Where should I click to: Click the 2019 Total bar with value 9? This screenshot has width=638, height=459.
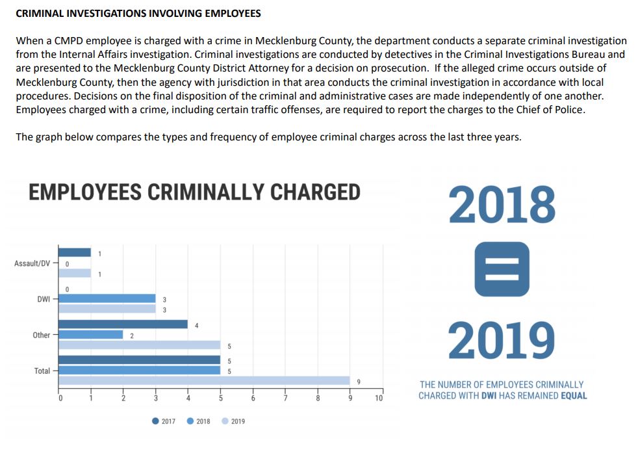[x=204, y=381]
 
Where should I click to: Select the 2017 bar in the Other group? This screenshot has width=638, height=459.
[x=123, y=324]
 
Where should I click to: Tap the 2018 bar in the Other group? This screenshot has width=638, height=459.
[x=90, y=335]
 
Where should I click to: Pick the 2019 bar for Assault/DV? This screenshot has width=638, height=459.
[x=75, y=273]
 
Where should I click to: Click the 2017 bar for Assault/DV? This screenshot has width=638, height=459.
[x=75, y=252]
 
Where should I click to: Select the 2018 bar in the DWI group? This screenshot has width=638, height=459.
[x=107, y=298]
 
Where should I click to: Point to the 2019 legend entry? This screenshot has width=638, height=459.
[x=233, y=421]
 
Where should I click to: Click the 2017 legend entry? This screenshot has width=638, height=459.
[x=164, y=421]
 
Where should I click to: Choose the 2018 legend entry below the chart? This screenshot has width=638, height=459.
[x=199, y=421]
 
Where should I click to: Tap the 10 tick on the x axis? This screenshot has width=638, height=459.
[x=379, y=399]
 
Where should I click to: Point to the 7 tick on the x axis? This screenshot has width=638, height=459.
[x=285, y=399]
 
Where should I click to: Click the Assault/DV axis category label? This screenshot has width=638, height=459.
[x=31, y=263]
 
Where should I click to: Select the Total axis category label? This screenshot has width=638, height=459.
[x=42, y=371]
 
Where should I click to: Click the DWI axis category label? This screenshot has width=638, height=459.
[x=44, y=299]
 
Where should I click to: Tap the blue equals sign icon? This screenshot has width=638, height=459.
[x=502, y=269]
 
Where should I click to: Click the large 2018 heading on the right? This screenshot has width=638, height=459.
[x=502, y=205]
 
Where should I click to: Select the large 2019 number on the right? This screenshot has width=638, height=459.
[x=502, y=340]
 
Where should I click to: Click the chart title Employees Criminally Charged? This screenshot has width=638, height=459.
[x=194, y=192]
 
